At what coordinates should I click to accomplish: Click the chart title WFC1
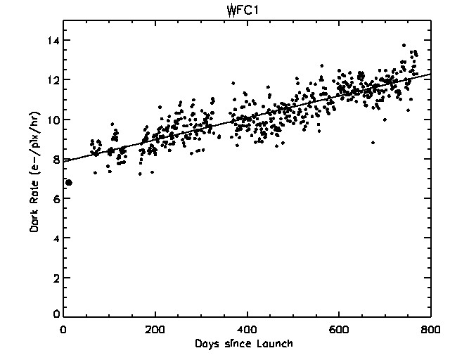pos(225,11)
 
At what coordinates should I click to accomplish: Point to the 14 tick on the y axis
pos(50,41)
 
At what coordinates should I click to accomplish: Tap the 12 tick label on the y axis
pos(50,80)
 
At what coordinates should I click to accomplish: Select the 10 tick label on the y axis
pos(50,120)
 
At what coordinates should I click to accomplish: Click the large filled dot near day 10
pos(68,183)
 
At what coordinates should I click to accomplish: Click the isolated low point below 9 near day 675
pos(373,143)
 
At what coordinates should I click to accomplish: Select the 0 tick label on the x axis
pos(64,329)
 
